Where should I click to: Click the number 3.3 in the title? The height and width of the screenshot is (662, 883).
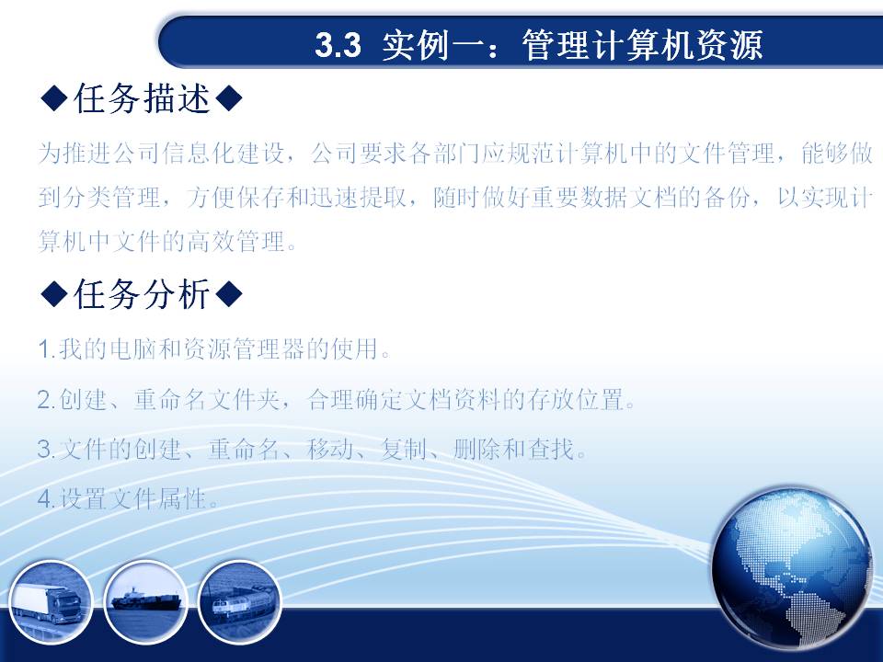click(338, 44)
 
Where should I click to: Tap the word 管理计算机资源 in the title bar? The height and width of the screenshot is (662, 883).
click(642, 44)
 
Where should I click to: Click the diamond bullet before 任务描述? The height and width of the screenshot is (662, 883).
click(54, 98)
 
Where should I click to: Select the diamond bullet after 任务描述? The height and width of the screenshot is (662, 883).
click(229, 98)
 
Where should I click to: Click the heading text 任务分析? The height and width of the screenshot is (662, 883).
click(142, 294)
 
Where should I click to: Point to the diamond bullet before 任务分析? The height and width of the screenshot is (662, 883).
click(54, 294)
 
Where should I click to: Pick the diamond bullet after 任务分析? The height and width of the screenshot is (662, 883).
click(229, 294)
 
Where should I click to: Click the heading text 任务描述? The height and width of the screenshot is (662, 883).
click(142, 98)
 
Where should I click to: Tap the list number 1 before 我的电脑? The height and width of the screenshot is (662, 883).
click(45, 349)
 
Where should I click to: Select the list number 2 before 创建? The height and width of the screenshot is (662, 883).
click(45, 400)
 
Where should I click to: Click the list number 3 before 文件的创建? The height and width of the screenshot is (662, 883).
click(45, 450)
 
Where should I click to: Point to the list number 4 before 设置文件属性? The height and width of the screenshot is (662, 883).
click(45, 498)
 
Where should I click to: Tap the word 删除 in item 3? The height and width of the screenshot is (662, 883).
click(477, 450)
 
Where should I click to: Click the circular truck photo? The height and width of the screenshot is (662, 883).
click(51, 601)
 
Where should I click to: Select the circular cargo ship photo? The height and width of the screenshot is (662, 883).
click(146, 601)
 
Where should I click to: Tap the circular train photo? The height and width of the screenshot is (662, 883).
click(240, 601)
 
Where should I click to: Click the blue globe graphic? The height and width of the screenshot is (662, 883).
click(791, 568)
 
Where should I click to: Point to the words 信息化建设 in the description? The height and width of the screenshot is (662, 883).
click(223, 154)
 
